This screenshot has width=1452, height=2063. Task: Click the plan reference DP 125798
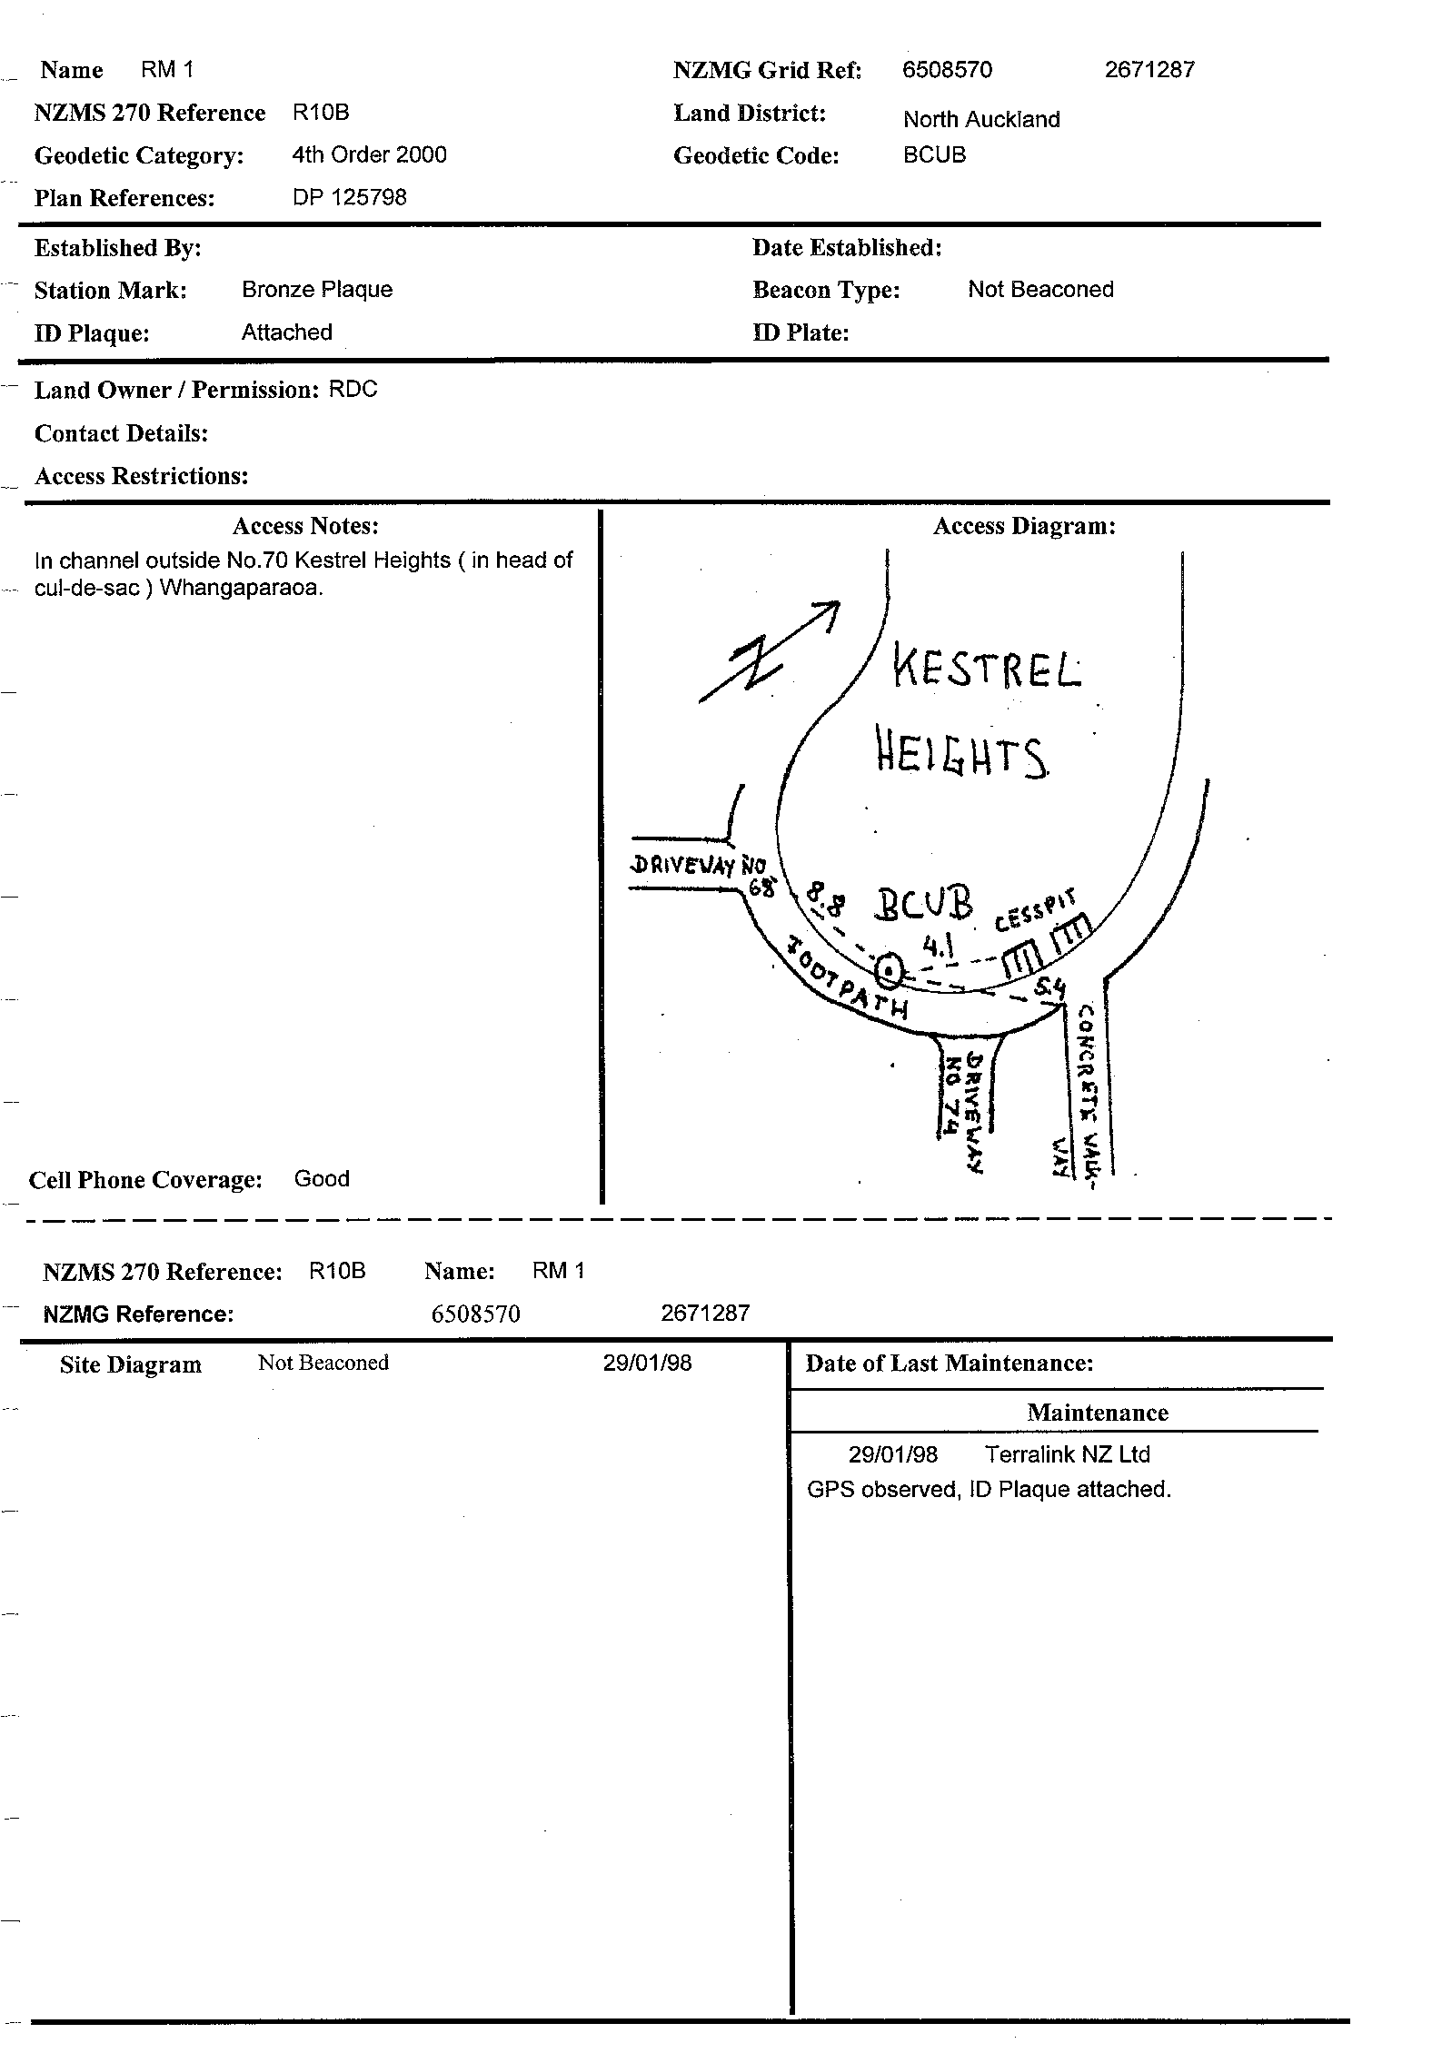tap(350, 197)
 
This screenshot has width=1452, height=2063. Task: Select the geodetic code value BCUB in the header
tap(934, 154)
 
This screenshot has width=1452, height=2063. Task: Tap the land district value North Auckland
tap(981, 119)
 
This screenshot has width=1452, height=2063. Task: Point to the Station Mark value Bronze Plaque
tap(317, 289)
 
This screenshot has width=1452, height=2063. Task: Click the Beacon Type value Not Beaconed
tap(1040, 289)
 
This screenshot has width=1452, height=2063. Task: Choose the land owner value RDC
tap(353, 389)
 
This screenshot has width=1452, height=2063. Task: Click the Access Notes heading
tap(305, 526)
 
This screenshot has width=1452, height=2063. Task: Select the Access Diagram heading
tap(1024, 526)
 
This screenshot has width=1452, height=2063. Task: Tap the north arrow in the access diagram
tap(769, 651)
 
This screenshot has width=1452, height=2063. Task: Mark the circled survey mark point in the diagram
tap(890, 971)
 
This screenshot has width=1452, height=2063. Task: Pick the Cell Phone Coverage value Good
tap(322, 1178)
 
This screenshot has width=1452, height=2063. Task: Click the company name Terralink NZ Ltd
tap(1068, 1454)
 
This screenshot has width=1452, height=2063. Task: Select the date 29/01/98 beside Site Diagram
tap(647, 1363)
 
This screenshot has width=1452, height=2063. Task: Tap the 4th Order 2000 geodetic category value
tap(369, 154)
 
